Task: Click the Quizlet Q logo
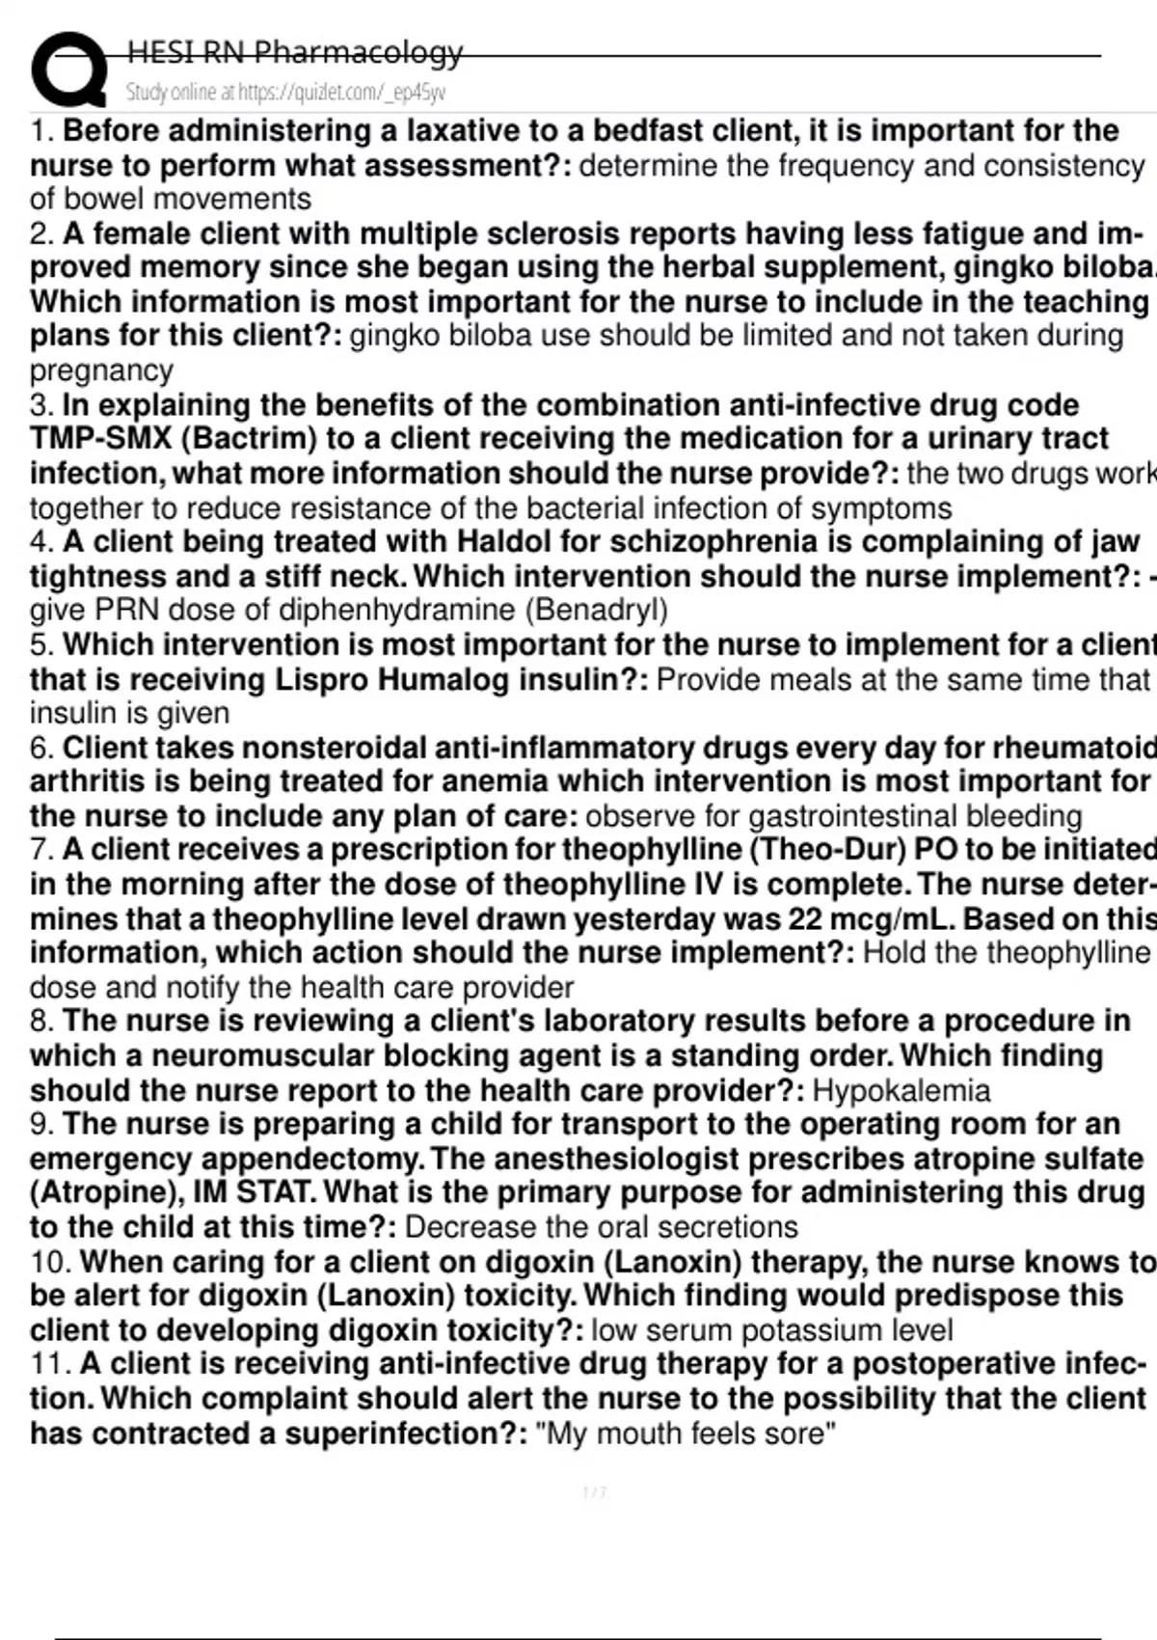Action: pyautogui.click(x=68, y=69)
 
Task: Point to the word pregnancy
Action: pyautogui.click(x=101, y=370)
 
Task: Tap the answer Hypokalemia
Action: pyautogui.click(x=901, y=1091)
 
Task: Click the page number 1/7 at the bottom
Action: pyautogui.click(x=595, y=1493)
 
